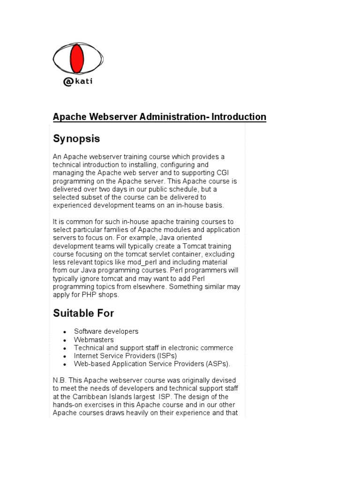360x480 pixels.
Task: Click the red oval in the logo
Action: [77, 59]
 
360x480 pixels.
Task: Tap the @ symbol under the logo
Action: [67, 82]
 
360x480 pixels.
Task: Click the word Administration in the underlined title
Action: [174, 117]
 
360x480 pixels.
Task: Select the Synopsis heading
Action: [76, 139]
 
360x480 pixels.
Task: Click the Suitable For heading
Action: [83, 313]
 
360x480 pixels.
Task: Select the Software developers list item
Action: [106, 331]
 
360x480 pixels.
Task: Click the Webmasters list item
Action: [94, 340]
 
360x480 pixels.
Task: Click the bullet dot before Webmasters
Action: [63, 340]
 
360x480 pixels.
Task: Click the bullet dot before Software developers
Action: [63, 332]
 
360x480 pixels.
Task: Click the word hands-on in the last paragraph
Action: [67, 405]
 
